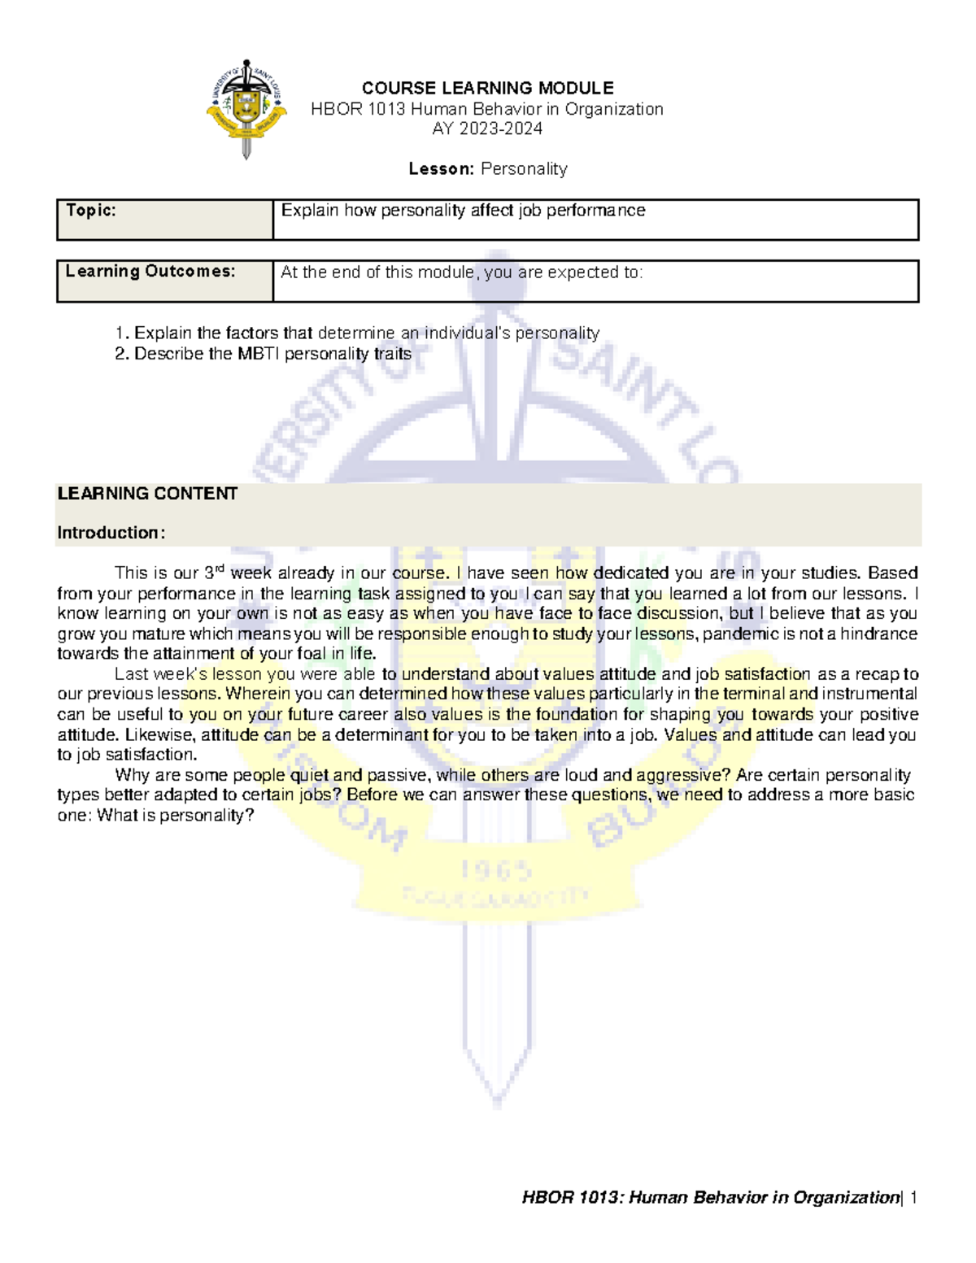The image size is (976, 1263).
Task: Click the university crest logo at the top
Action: point(246,108)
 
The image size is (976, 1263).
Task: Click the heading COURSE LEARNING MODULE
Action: point(487,88)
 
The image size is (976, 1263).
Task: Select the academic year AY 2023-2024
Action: point(487,128)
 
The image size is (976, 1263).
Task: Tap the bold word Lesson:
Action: point(441,169)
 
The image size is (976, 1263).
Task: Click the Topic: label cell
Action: point(91,211)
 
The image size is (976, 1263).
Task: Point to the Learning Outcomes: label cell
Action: point(150,272)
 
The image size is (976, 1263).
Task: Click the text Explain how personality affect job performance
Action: point(463,211)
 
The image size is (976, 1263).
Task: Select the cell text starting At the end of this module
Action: point(461,272)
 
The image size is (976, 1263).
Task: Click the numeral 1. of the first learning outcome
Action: point(121,333)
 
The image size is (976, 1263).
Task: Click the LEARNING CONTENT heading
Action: point(147,494)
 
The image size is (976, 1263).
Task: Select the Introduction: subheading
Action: point(111,533)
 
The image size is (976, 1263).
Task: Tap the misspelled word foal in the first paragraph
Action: point(313,654)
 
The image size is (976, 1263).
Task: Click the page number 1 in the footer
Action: point(913,1197)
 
